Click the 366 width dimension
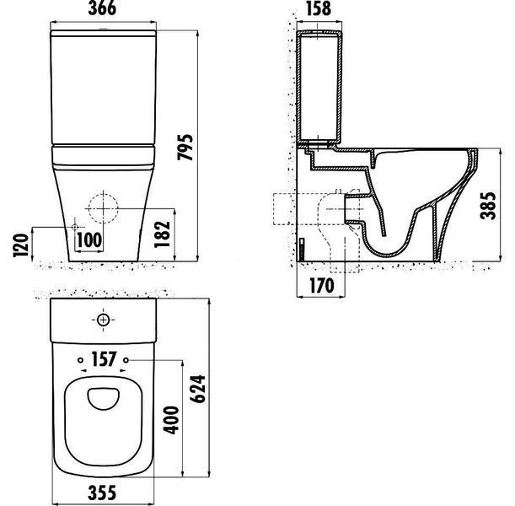pyautogui.click(x=102, y=8)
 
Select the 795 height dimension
pyautogui.click(x=185, y=147)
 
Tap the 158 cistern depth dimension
pyautogui.click(x=319, y=8)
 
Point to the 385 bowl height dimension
pyautogui.click(x=487, y=206)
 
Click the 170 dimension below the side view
pyautogui.click(x=321, y=285)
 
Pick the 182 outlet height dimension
pyautogui.click(x=162, y=234)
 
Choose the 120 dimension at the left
pyautogui.click(x=20, y=245)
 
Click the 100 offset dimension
pyautogui.click(x=89, y=240)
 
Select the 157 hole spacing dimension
pyautogui.click(x=104, y=359)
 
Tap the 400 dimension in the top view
pyautogui.click(x=171, y=420)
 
